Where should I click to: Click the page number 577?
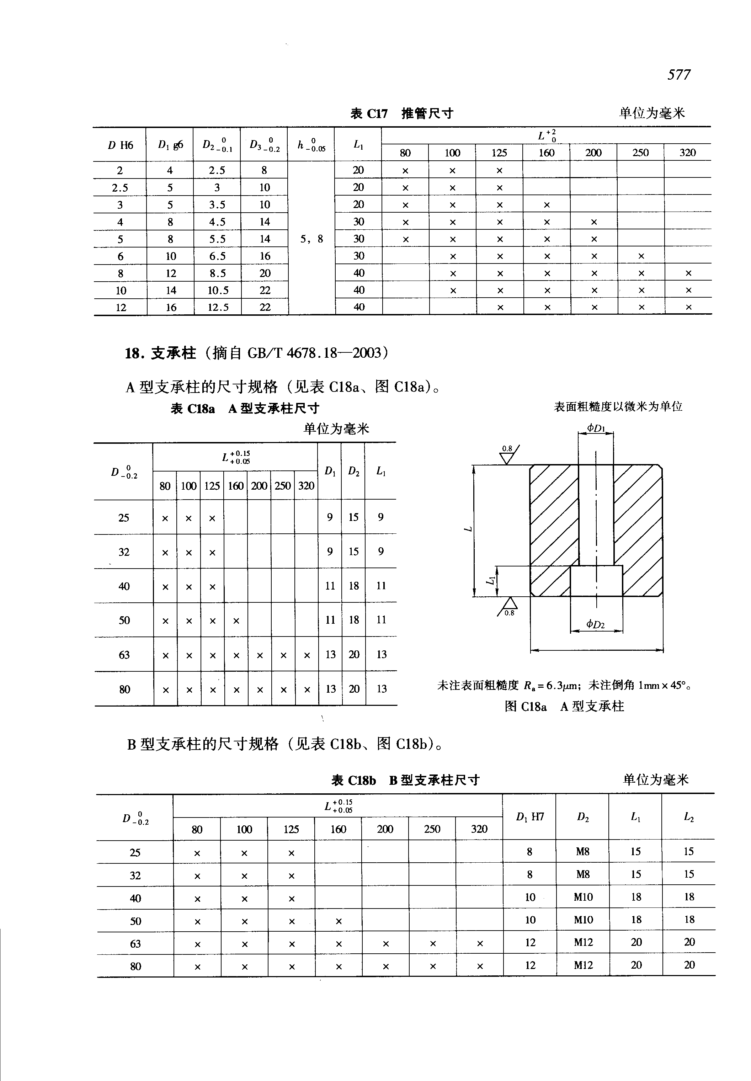tap(678, 74)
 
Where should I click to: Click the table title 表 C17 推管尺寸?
tap(401, 113)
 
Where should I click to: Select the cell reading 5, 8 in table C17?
tap(311, 239)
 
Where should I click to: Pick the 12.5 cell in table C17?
tap(218, 307)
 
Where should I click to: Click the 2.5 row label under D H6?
tap(120, 188)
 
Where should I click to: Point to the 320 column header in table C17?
tap(687, 153)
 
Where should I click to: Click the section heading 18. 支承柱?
tap(160, 353)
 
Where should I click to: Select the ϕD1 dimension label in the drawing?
tap(596, 428)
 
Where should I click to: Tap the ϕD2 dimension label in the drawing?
tap(596, 624)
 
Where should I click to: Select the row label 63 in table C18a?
tap(124, 655)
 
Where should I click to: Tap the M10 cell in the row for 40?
tap(583, 897)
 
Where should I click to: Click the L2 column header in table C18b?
tap(688, 817)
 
